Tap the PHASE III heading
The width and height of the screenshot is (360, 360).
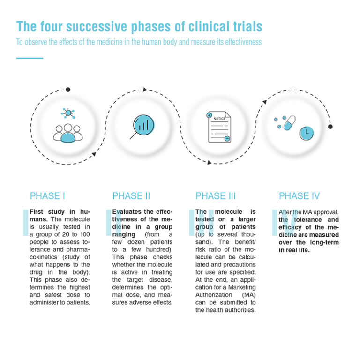pyautogui.click(x=216, y=196)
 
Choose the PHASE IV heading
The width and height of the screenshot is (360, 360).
pyautogui.click(x=300, y=196)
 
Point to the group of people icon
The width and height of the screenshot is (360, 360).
pyautogui.click(x=67, y=133)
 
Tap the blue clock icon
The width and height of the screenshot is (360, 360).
pyautogui.click(x=307, y=133)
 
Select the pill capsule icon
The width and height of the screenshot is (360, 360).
pyautogui.click(x=289, y=123)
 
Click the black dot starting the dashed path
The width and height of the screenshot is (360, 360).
pyautogui.click(x=68, y=90)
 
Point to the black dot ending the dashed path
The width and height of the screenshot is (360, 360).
pyautogui.click(x=330, y=127)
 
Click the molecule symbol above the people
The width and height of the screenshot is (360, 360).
pyautogui.click(x=68, y=113)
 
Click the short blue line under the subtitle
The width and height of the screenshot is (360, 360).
pyautogui.click(x=30, y=58)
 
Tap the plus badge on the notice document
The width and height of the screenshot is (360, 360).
pyautogui.click(x=209, y=115)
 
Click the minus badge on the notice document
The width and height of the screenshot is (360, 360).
pyautogui.click(x=227, y=139)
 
